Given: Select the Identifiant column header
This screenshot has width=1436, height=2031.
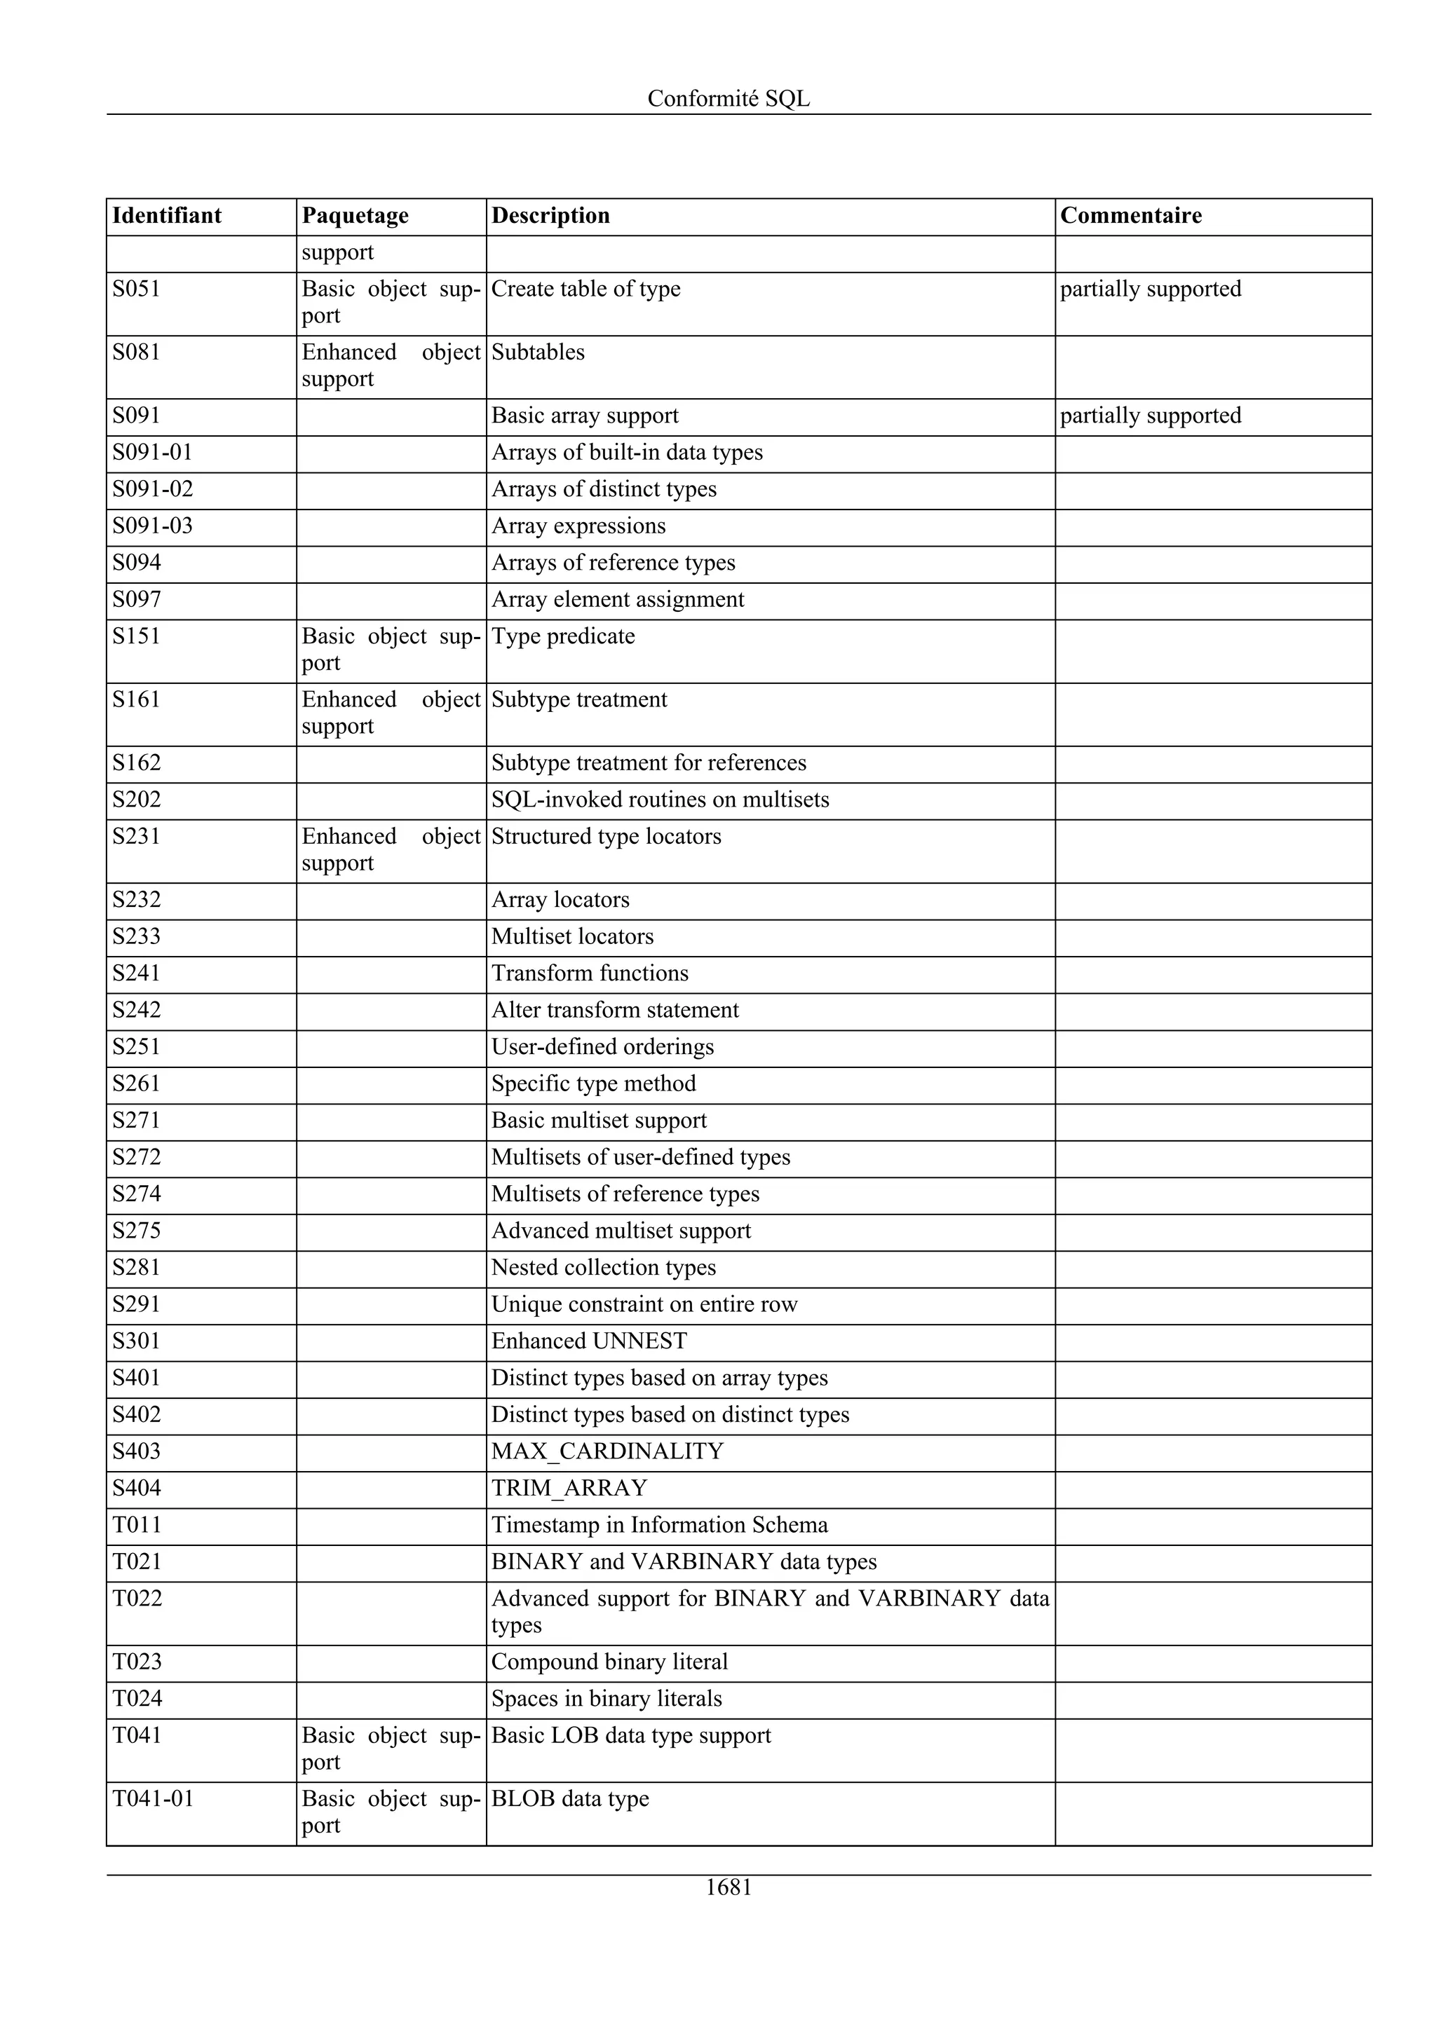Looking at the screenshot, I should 166,216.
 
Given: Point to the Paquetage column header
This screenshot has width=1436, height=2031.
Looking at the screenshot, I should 355,216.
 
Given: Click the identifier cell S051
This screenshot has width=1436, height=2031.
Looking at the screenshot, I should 135,289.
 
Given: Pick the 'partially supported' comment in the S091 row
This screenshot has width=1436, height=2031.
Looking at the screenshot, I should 1149,416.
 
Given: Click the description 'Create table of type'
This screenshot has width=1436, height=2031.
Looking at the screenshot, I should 585,289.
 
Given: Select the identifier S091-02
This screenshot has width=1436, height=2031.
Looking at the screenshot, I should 152,489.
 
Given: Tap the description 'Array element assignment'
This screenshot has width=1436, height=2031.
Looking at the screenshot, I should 617,600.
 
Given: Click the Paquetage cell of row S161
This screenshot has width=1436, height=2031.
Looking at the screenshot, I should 390,713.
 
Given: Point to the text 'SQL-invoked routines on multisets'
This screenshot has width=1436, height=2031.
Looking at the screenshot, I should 659,800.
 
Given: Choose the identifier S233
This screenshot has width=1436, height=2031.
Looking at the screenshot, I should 136,937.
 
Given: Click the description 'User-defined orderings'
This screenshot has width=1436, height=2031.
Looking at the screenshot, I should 602,1047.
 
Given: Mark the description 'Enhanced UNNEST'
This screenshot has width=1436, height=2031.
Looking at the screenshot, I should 588,1341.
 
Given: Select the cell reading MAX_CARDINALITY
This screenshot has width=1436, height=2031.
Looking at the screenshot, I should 607,1451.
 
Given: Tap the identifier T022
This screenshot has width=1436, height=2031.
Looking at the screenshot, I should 137,1599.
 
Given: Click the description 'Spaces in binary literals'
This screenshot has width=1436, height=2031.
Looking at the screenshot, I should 606,1698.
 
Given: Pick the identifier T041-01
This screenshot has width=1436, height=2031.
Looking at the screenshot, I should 152,1798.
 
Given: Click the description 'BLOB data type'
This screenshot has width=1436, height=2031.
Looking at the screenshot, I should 570,1798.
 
